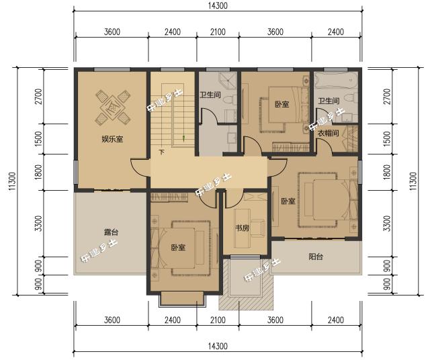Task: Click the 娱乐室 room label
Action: click(112, 139)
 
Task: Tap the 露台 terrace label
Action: click(111, 232)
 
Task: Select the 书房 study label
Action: click(242, 228)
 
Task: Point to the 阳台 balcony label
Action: click(316, 257)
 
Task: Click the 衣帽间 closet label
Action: click(329, 134)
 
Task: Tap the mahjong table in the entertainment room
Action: click(113, 107)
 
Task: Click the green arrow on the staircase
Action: click(184, 138)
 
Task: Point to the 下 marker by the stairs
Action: click(162, 152)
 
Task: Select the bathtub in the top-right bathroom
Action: click(336, 79)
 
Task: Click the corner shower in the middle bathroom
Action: click(228, 81)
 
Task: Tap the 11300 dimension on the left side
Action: click(13, 181)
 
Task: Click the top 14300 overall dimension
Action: click(218, 5)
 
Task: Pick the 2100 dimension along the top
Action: click(218, 32)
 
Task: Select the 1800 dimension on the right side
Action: click(387, 172)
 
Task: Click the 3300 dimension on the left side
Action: click(39, 224)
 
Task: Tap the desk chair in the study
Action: click(258, 228)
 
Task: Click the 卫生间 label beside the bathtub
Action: click(329, 101)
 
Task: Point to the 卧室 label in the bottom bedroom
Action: click(178, 248)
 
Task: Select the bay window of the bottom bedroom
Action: click(182, 299)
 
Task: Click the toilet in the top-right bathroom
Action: click(352, 99)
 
